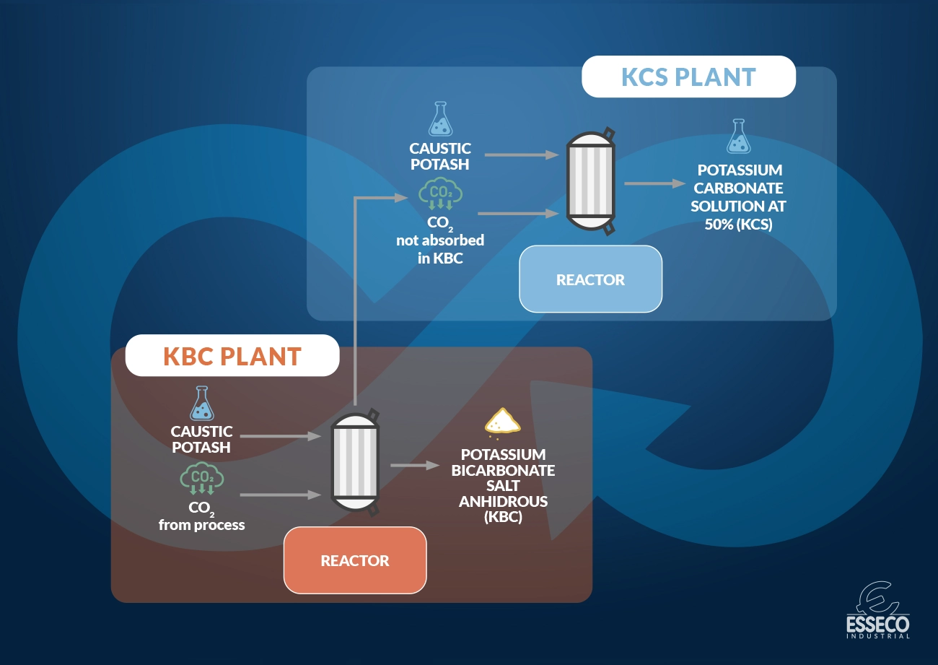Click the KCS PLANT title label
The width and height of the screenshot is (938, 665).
click(x=688, y=77)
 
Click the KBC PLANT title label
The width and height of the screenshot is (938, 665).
click(x=232, y=356)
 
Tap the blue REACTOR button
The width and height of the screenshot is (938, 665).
click(x=590, y=279)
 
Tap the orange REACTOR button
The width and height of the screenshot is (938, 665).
click(x=355, y=560)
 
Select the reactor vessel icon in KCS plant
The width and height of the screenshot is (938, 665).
click(x=591, y=181)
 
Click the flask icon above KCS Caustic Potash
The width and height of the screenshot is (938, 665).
click(x=439, y=120)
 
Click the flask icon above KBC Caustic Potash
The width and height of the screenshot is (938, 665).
click(x=202, y=404)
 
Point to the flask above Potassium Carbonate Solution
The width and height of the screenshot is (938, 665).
click(x=737, y=137)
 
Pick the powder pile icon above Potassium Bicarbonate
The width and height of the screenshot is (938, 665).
click(x=503, y=420)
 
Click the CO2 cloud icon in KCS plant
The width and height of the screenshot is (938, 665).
click(x=441, y=196)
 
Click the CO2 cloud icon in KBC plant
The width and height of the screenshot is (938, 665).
click(x=202, y=479)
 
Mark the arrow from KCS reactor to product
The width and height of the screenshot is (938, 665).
click(x=654, y=183)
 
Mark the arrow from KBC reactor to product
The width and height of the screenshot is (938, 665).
click(x=415, y=466)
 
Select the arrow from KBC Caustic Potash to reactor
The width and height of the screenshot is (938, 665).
click(x=280, y=436)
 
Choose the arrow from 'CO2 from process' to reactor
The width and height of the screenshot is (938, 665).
click(x=280, y=495)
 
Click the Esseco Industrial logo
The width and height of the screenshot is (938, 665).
click(x=877, y=610)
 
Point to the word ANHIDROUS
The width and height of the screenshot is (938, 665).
click(x=503, y=502)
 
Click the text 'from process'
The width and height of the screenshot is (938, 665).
click(x=201, y=525)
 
